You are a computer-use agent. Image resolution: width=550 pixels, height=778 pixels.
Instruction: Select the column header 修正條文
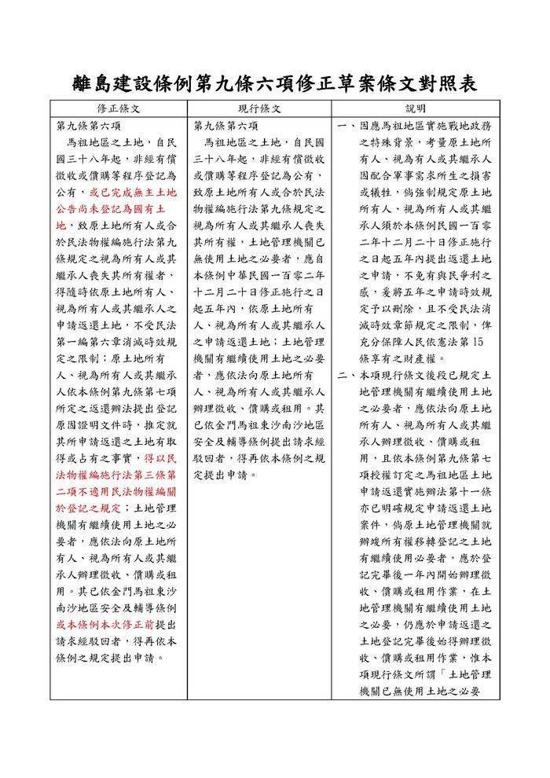[x=119, y=109]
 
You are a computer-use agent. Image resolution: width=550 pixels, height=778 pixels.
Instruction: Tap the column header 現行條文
[x=259, y=109]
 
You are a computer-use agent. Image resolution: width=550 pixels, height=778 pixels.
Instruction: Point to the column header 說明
[x=415, y=109]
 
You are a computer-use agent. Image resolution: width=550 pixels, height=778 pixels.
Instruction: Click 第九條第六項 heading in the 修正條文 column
[x=88, y=126]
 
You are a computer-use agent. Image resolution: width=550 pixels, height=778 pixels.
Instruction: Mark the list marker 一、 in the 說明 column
[x=346, y=127]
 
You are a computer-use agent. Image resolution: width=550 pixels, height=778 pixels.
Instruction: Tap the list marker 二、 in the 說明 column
[x=346, y=376]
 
